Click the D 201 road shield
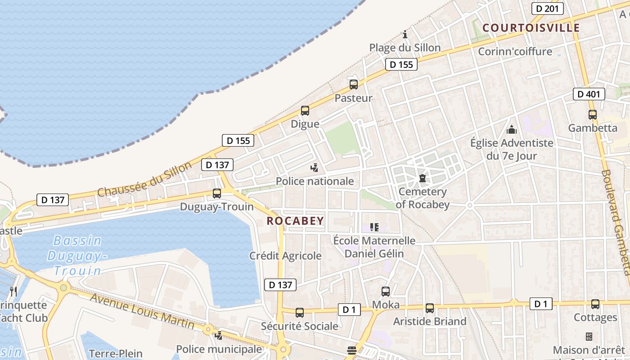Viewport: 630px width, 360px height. (x=547, y=9)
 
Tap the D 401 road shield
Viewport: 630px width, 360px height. (x=589, y=94)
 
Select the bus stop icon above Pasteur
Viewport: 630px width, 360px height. (x=354, y=84)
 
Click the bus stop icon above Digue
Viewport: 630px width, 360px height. (x=305, y=110)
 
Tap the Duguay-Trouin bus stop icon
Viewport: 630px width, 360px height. (x=217, y=193)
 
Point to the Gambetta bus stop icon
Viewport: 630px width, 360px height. (x=593, y=115)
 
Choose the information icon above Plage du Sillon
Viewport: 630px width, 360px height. (x=405, y=34)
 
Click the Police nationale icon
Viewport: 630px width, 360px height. (x=315, y=168)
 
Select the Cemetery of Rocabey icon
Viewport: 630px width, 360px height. (x=423, y=178)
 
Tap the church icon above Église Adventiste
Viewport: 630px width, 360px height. (x=512, y=130)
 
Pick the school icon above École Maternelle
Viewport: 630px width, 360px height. (x=374, y=227)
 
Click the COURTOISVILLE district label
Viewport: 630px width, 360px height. (x=531, y=28)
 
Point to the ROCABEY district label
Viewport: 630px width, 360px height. (x=295, y=220)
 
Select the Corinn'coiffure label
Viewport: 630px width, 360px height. (x=515, y=51)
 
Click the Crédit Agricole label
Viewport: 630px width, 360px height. (x=286, y=256)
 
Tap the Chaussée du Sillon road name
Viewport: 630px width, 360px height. (x=144, y=179)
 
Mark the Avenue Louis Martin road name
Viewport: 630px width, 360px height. (x=142, y=310)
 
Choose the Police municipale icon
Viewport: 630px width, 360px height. (x=219, y=335)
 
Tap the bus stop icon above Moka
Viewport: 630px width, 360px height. (x=386, y=292)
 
